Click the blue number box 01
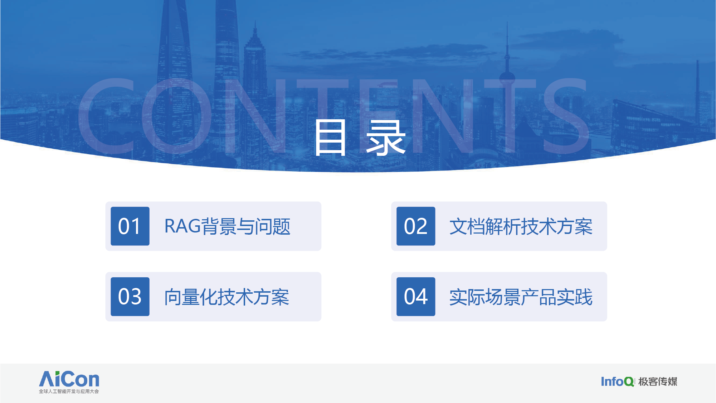click(130, 226)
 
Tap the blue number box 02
click(416, 226)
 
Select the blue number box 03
click(130, 297)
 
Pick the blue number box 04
click(416, 297)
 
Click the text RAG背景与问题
click(227, 226)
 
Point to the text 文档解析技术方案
click(521, 226)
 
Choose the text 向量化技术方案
click(227, 297)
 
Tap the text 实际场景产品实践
click(521, 297)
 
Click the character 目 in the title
click(330, 138)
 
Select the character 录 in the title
click(386, 138)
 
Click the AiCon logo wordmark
click(69, 379)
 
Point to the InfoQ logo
click(617, 382)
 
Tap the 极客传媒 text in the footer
click(658, 382)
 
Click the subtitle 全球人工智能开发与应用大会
click(69, 391)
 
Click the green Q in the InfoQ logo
click(629, 382)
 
